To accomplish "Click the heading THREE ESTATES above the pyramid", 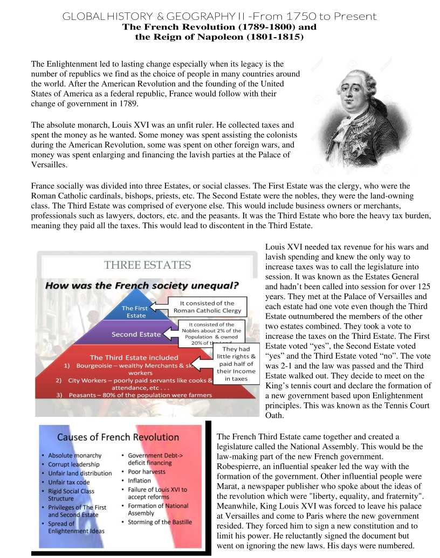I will [147, 264].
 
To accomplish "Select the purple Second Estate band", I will [136, 334].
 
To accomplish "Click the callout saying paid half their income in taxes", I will [232, 364].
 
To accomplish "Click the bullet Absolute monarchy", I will [74, 456].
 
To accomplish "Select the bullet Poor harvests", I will [147, 472].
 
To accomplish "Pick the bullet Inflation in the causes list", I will [140, 480].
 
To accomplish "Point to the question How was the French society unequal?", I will [142, 285].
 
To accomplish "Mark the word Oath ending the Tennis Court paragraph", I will [274, 415].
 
